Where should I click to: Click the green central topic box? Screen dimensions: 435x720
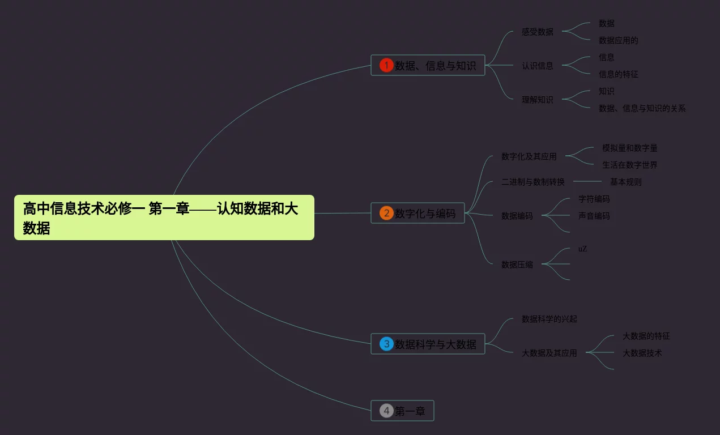pos(164,217)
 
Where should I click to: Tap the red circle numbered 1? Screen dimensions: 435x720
pos(386,66)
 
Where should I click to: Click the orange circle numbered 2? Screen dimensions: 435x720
pos(386,214)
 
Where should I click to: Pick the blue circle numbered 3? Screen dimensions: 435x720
pos(386,344)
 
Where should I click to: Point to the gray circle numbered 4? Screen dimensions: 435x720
pos(386,411)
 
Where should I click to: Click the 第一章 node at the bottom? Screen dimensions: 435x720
pos(410,411)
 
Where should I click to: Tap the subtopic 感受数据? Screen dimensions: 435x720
pos(537,32)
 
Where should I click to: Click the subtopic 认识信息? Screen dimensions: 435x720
pos(537,66)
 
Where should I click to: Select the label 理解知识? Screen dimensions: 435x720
pos(537,100)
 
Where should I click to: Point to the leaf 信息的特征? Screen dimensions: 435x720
pos(618,74)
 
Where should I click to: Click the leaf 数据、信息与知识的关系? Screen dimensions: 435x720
pos(642,108)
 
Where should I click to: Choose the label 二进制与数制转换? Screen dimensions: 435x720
pos(532,182)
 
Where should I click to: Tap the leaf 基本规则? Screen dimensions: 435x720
pos(625,182)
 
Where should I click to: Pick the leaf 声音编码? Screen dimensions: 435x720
pos(594,216)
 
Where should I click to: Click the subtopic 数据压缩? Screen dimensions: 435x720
pos(517,265)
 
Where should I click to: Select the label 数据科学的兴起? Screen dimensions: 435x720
pos(549,319)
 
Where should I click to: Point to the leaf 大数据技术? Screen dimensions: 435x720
pos(642,353)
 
